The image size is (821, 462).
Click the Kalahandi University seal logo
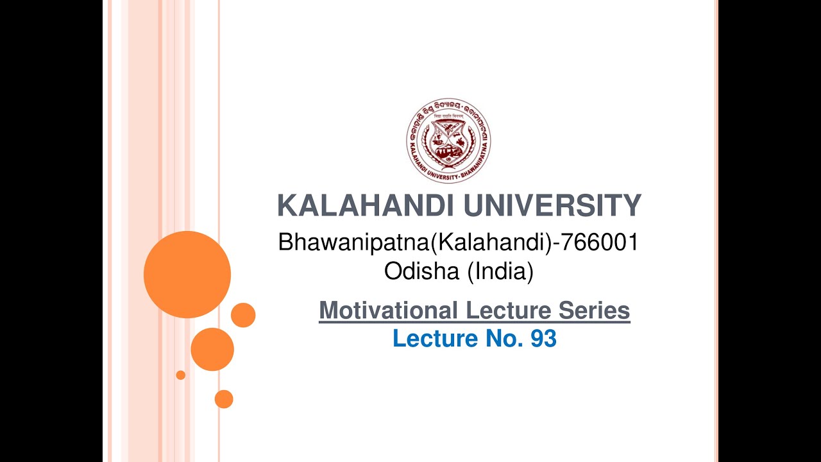(448, 141)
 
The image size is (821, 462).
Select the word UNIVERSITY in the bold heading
(552, 206)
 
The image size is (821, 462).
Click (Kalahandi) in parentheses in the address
(491, 243)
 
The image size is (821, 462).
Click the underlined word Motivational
(388, 311)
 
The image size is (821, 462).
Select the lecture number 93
(543, 338)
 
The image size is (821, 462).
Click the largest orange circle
(187, 275)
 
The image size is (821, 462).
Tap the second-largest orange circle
(212, 349)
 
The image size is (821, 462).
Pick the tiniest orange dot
(181, 375)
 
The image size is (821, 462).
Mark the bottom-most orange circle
(224, 399)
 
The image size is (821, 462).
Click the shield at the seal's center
(448, 142)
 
